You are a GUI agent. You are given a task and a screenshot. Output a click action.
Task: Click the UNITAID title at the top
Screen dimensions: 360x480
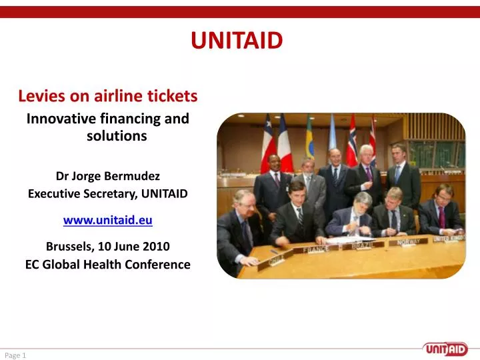pos(237,41)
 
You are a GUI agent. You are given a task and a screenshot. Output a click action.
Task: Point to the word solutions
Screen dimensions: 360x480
pos(117,136)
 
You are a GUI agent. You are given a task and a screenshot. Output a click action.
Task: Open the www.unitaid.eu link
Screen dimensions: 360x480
pos(107,219)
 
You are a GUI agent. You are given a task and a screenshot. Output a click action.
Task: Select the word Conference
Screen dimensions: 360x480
pos(157,264)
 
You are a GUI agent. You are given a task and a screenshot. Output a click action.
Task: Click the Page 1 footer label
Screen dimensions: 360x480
pos(15,355)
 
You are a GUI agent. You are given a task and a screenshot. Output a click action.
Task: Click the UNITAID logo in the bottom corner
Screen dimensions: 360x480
pos(448,348)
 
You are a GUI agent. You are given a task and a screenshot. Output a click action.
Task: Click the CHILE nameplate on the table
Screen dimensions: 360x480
pos(276,259)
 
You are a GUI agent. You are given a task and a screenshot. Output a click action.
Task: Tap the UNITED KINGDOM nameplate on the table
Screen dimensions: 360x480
pos(449,238)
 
